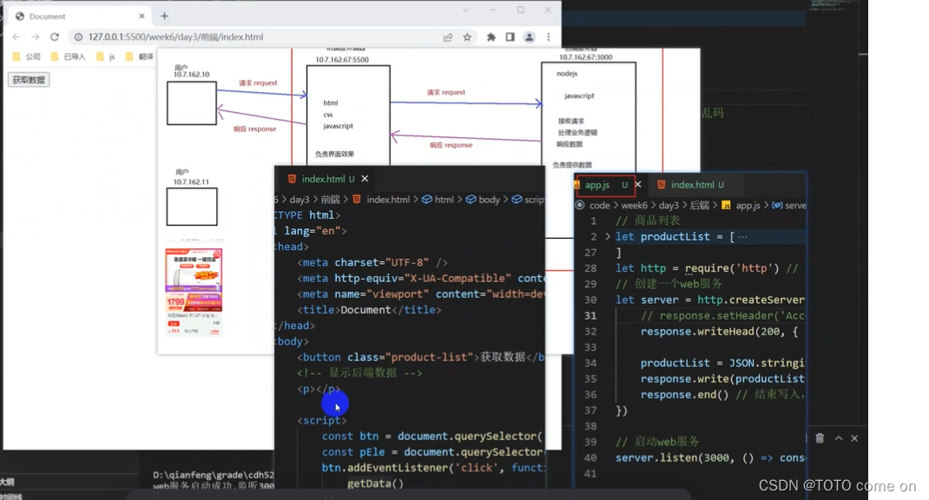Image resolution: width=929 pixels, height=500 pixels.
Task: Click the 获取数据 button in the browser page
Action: (29, 80)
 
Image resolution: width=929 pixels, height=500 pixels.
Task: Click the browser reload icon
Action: (55, 37)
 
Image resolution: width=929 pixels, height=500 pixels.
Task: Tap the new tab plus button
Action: (164, 16)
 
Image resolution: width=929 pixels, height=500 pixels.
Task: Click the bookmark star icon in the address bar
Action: (467, 37)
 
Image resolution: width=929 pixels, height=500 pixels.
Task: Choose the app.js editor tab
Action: (597, 185)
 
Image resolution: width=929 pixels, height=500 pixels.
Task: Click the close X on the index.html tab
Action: (365, 179)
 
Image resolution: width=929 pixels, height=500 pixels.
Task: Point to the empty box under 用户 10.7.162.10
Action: (191, 103)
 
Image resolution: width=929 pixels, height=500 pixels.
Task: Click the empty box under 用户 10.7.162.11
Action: (191, 207)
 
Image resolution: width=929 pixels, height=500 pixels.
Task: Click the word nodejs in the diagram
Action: (567, 74)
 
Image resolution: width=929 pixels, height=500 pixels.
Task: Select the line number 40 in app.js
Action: (590, 457)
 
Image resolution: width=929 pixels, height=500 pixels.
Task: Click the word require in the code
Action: (705, 268)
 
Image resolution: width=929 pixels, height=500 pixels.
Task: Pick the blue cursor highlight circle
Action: (335, 404)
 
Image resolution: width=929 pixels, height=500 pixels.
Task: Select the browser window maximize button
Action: (520, 10)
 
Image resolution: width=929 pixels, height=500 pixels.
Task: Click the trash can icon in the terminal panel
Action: (820, 438)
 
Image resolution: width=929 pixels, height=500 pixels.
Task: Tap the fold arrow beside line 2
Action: (608, 236)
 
